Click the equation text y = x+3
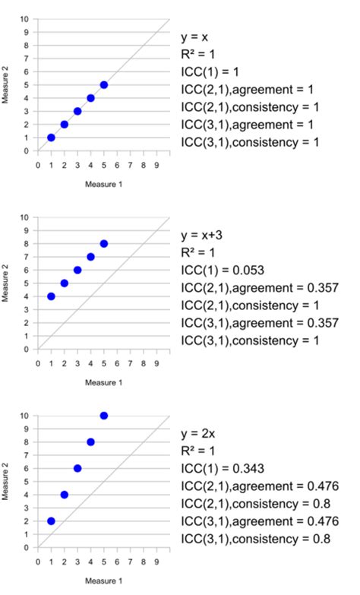[x=201, y=235]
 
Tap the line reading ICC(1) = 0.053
[x=221, y=270]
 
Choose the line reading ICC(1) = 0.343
[x=221, y=468]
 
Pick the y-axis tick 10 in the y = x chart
[x=27, y=18]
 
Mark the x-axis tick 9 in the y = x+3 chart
[x=156, y=362]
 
